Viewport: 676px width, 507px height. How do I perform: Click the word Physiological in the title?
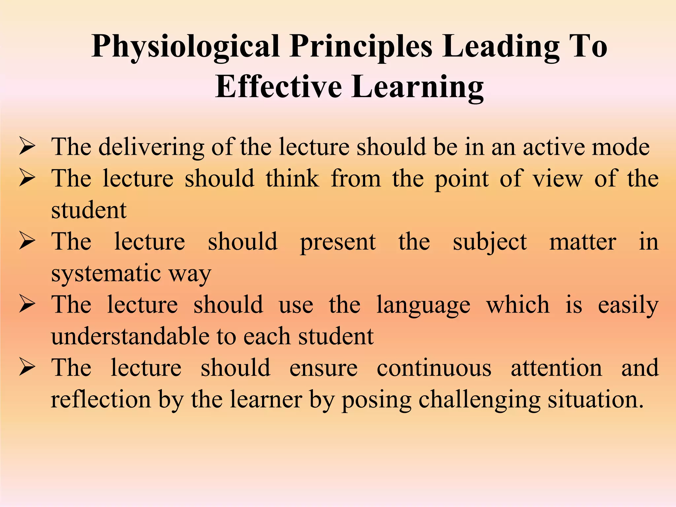pos(186,47)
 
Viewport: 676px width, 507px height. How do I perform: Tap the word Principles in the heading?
pos(361,47)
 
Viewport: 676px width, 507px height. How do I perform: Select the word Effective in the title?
pos(278,87)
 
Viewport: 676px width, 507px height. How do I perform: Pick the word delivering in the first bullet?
pos(151,147)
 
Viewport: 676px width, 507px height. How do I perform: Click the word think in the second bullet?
pos(292,179)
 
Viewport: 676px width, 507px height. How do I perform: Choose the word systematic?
pos(106,274)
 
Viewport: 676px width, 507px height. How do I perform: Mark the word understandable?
pos(130,336)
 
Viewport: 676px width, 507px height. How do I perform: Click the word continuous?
pos(434,368)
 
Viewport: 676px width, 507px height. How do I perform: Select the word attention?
pos(557,368)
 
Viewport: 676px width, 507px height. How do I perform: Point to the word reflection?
pos(101,399)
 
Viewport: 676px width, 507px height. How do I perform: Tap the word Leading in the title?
pos(501,47)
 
